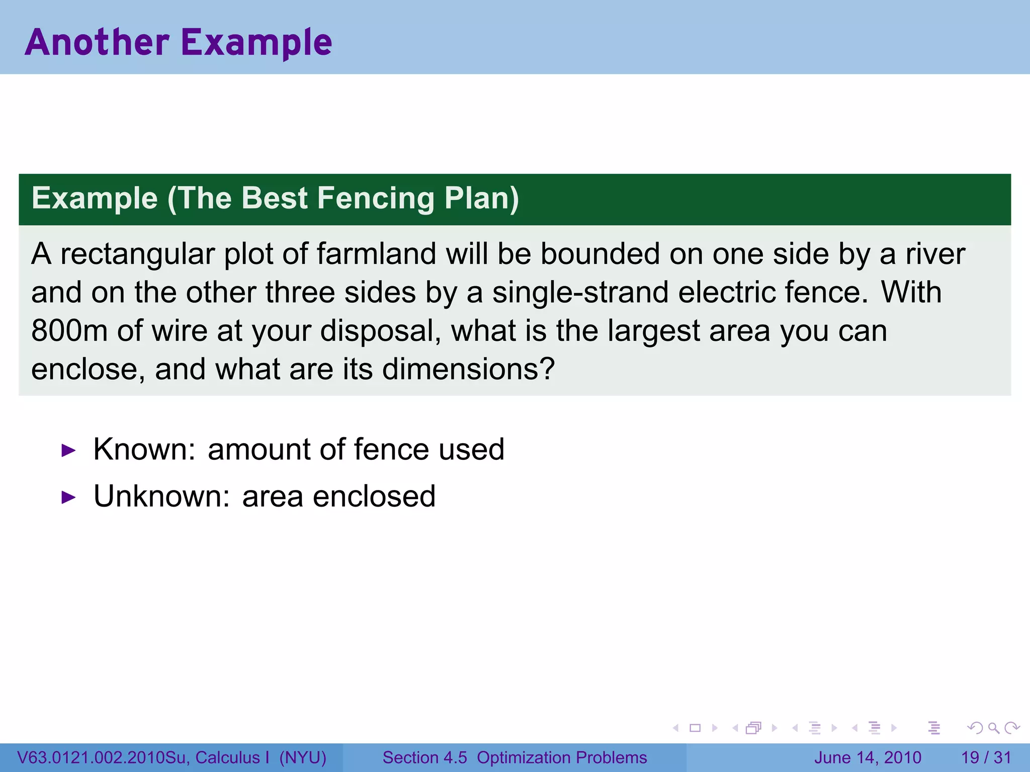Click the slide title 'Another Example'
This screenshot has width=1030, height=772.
tap(179, 42)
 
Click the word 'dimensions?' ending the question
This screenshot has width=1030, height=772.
tap(468, 369)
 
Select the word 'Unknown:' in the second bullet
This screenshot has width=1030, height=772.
tap(161, 496)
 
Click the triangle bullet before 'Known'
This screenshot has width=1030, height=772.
tap(68, 450)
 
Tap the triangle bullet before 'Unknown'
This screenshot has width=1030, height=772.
tap(68, 498)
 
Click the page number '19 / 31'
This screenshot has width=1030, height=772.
tap(986, 757)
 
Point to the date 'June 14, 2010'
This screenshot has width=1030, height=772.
tap(868, 757)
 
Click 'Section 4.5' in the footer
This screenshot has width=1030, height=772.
tap(424, 757)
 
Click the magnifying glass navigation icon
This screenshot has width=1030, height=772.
tap(993, 728)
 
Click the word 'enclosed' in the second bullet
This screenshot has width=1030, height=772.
tap(374, 496)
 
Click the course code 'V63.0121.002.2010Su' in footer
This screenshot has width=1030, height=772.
tap(103, 757)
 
